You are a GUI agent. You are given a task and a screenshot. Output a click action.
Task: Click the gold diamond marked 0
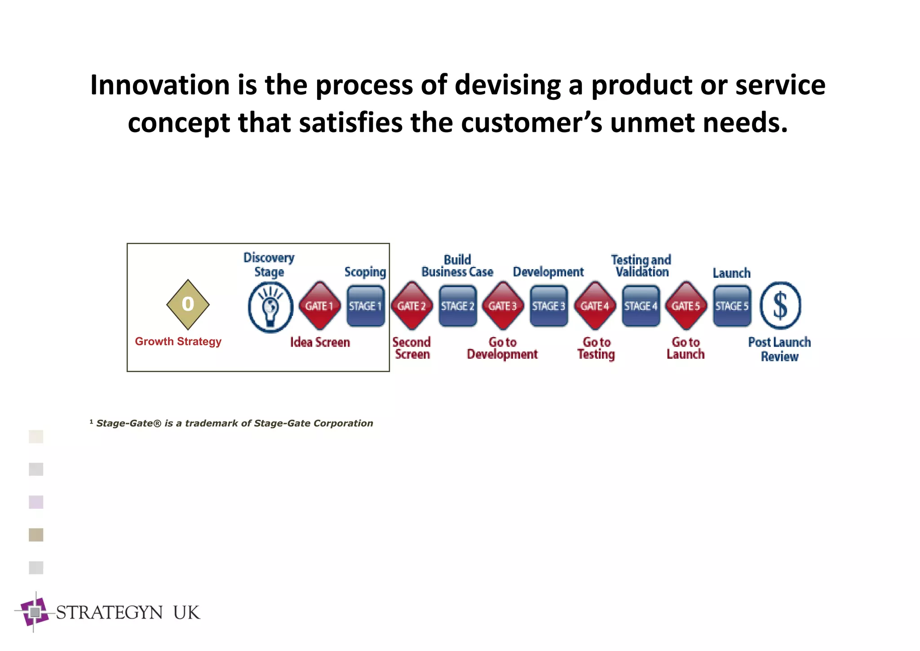188,304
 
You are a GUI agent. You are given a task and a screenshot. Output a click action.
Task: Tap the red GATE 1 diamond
319,306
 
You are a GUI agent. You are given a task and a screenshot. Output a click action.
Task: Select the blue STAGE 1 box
366,306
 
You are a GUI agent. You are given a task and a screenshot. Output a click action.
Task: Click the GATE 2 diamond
411,306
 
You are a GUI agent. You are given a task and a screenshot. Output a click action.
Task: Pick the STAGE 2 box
457,306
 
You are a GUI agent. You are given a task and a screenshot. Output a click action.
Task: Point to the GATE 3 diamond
503,306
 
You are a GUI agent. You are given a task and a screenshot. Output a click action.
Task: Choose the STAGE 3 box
548,306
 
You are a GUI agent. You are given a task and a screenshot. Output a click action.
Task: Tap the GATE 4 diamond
595,306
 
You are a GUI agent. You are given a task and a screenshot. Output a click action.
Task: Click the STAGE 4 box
641,306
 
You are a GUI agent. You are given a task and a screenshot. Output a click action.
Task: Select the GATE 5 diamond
686,306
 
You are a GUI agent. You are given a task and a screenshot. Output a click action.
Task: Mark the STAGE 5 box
732,306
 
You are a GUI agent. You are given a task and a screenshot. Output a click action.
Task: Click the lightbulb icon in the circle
270,307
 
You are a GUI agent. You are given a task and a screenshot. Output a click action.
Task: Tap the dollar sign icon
780,305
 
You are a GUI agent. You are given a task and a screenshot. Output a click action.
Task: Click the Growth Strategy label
178,342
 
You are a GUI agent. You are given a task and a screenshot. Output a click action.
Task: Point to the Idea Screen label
320,343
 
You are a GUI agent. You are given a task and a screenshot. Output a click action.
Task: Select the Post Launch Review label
779,349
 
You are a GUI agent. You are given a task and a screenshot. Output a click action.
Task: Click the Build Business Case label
457,266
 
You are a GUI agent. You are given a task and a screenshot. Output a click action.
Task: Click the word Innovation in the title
160,85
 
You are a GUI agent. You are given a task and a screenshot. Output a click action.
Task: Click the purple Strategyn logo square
35,612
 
